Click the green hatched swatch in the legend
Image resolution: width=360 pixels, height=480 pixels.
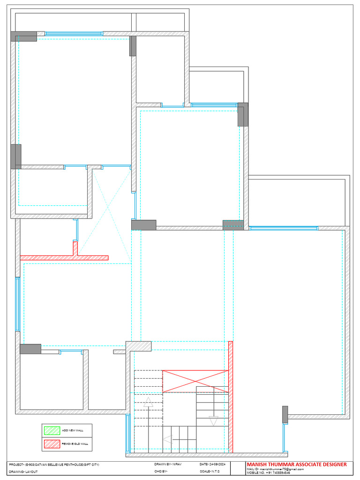(x=52, y=430)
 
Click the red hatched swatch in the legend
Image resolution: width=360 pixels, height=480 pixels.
(x=52, y=443)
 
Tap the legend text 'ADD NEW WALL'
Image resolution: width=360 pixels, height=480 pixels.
(x=71, y=430)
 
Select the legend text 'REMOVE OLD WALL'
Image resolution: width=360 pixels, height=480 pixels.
(x=75, y=443)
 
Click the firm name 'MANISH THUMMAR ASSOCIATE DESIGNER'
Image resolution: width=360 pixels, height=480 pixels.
(x=297, y=465)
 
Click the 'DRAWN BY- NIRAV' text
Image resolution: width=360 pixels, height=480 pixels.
(x=168, y=464)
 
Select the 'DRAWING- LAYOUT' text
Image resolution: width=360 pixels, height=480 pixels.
(x=23, y=472)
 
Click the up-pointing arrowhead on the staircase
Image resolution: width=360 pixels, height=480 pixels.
(x=149, y=401)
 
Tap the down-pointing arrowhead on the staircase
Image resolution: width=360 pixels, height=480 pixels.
(x=214, y=421)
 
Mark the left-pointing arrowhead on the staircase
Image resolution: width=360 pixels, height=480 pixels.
(x=167, y=440)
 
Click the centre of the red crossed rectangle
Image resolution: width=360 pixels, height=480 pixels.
(x=195, y=381)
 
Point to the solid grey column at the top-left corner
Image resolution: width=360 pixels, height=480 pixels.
(x=23, y=36)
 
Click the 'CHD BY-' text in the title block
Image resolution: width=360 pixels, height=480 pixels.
(x=161, y=472)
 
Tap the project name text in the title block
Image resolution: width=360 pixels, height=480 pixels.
(x=54, y=464)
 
